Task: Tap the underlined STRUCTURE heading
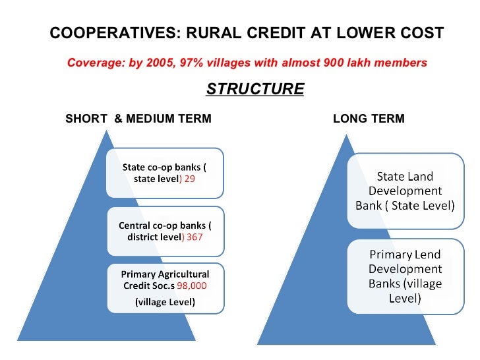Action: point(255,89)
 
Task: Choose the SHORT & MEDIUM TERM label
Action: point(138,119)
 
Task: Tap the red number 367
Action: point(195,237)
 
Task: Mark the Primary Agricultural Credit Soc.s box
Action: point(165,287)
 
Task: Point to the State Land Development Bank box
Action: point(405,190)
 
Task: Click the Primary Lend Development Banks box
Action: point(405,275)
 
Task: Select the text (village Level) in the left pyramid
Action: point(165,302)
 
